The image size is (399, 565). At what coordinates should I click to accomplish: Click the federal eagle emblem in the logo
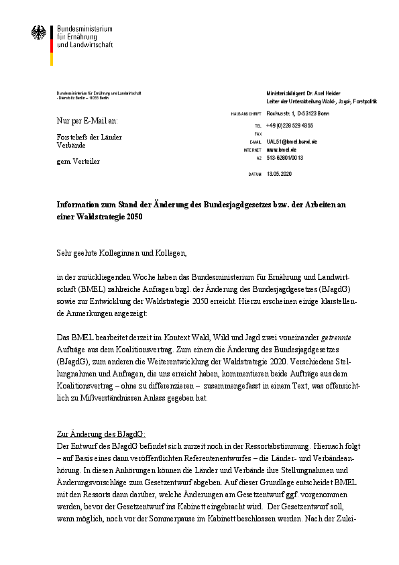pos(39,33)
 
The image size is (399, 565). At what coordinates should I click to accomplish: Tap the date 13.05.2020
pos(280,174)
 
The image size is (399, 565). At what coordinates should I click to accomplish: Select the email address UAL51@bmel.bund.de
pos(292,142)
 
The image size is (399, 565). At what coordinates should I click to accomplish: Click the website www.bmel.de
pos(282,150)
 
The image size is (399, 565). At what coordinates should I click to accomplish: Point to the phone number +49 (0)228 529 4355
pos(289,125)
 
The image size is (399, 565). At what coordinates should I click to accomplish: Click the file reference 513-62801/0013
pos(285,158)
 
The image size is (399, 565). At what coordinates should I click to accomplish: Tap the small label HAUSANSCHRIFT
pos(246,114)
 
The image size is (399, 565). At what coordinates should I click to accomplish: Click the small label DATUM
pos(255,174)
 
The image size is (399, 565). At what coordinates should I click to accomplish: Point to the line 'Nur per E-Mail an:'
pos(87,121)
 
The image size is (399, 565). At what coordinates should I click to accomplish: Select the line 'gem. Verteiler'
pos(78,161)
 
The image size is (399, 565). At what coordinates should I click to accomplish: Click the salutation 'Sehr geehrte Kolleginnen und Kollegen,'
pos(121,253)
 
